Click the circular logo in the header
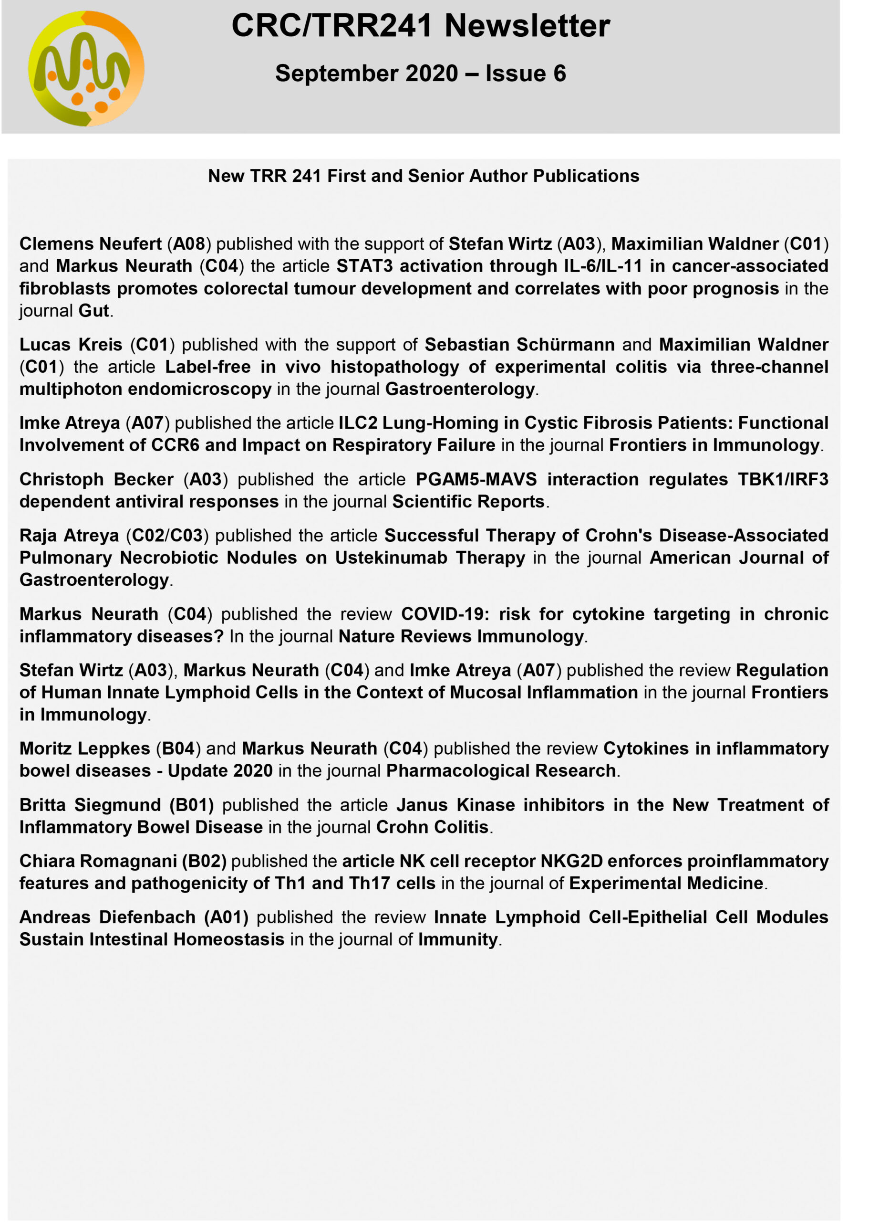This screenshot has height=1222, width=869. [86, 69]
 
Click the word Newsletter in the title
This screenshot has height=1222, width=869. [527, 26]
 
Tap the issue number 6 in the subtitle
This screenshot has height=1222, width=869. [559, 74]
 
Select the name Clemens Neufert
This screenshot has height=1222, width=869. [91, 243]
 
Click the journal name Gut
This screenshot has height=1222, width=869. [93, 311]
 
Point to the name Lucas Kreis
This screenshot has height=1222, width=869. [71, 344]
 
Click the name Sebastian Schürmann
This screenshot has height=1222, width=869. [519, 344]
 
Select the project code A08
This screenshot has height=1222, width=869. [189, 243]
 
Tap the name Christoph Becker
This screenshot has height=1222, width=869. [96, 479]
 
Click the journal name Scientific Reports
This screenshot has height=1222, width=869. [468, 501]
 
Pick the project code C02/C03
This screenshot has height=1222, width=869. [167, 536]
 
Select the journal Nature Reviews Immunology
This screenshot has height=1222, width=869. [461, 636]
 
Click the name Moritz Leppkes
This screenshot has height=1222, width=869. [84, 748]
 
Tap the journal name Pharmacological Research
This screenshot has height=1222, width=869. [500, 770]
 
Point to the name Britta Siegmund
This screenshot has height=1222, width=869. [90, 805]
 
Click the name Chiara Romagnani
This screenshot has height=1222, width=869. [98, 861]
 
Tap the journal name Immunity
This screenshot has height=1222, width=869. [457, 940]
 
